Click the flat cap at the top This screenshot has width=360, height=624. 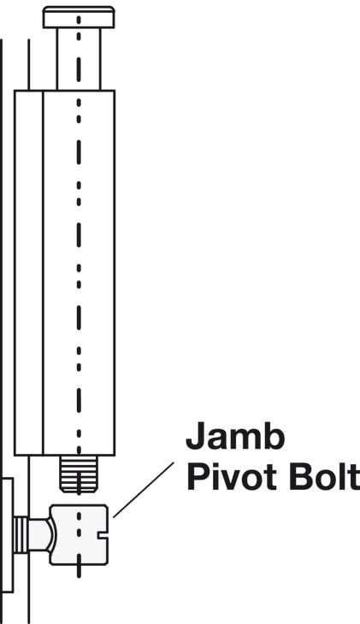tap(79, 17)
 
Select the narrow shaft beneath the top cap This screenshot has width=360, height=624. tap(79, 59)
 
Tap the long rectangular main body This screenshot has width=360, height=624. tap(64, 273)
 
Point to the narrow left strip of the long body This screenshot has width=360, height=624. tap(29, 273)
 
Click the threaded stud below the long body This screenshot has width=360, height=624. tap(79, 474)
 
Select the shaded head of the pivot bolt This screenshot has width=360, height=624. tap(79, 534)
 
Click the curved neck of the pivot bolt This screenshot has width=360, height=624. tap(41, 534)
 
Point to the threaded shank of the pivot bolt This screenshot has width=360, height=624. tap(21, 534)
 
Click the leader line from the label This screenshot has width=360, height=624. tap(144, 490)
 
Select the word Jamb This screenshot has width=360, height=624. tap(235, 436)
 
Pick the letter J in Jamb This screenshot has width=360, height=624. tap(195, 436)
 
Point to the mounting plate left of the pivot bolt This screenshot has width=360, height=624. tap(7, 535)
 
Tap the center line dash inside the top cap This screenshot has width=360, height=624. tap(79, 20)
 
